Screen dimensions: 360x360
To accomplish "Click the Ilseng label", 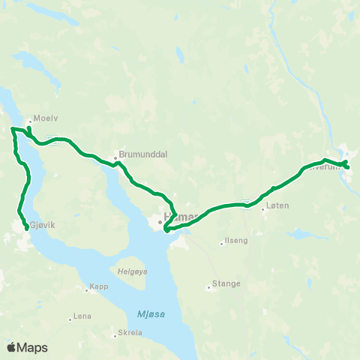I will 235,241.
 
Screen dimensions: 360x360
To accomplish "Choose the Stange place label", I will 226,283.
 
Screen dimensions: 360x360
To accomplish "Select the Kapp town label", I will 99,286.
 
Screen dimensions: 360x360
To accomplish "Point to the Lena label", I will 83,317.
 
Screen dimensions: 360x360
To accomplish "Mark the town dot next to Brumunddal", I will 115,157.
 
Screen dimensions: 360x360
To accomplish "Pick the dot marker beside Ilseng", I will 221,242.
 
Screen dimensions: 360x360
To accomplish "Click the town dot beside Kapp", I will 85,286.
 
